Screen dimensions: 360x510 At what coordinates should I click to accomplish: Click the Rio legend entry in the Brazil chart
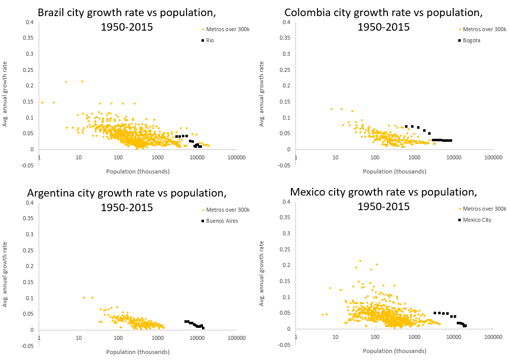point(210,40)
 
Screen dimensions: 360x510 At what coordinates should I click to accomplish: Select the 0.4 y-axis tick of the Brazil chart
point(30,22)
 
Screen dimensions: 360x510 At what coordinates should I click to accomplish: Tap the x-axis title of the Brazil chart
point(138,171)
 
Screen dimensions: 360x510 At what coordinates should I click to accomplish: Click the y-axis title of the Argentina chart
point(6,274)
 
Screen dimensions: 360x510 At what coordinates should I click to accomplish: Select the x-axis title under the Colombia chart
point(394,171)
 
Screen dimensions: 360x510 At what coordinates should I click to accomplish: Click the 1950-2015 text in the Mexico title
point(383,206)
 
